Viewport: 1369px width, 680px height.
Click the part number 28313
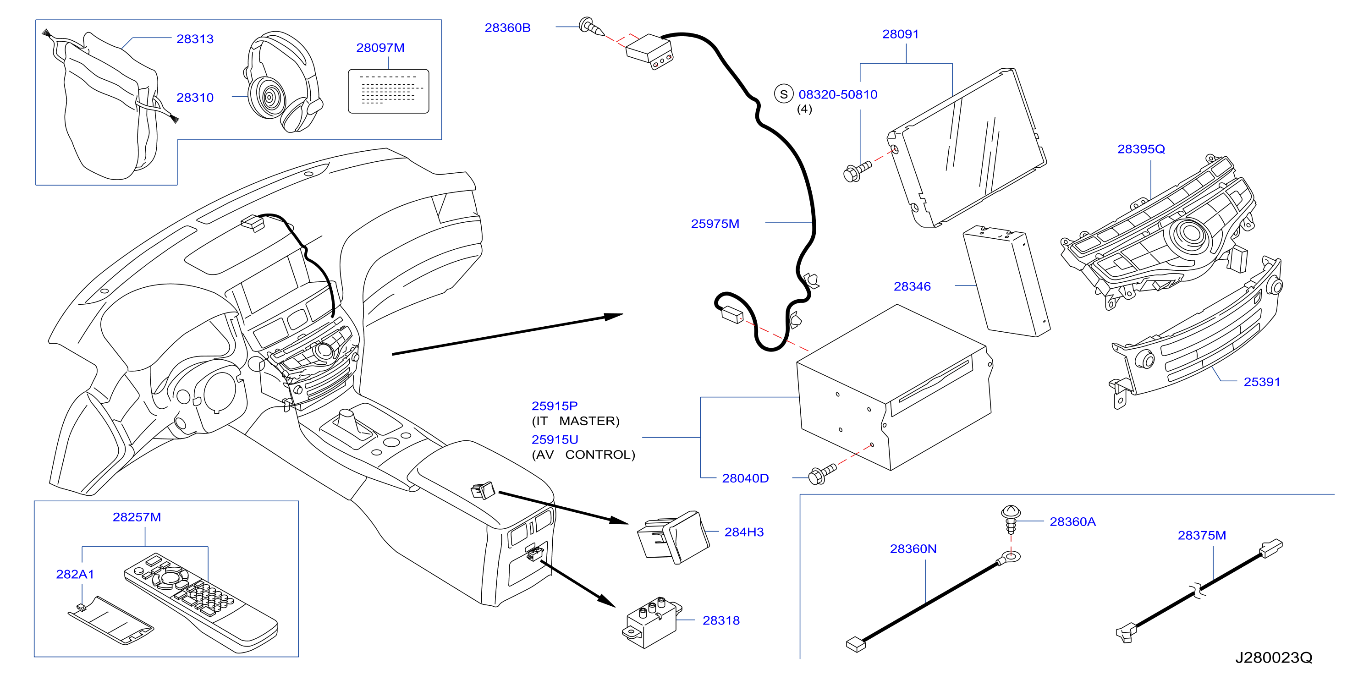(x=195, y=39)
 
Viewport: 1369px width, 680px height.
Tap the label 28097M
(x=380, y=48)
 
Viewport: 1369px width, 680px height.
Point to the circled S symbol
(x=783, y=94)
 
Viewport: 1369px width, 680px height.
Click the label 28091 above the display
(x=900, y=34)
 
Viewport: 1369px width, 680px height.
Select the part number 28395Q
(x=1141, y=149)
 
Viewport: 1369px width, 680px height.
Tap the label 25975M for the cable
(x=715, y=224)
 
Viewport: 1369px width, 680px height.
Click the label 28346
(x=913, y=286)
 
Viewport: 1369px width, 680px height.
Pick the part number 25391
(x=1262, y=382)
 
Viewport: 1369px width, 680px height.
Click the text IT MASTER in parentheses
(x=576, y=421)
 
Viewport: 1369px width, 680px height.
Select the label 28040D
(x=745, y=478)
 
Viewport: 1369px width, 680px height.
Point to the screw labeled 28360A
(x=1010, y=520)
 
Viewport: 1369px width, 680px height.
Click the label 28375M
(x=1202, y=536)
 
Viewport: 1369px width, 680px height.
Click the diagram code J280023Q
(x=1273, y=658)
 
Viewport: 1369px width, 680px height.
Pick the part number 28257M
(x=137, y=517)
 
